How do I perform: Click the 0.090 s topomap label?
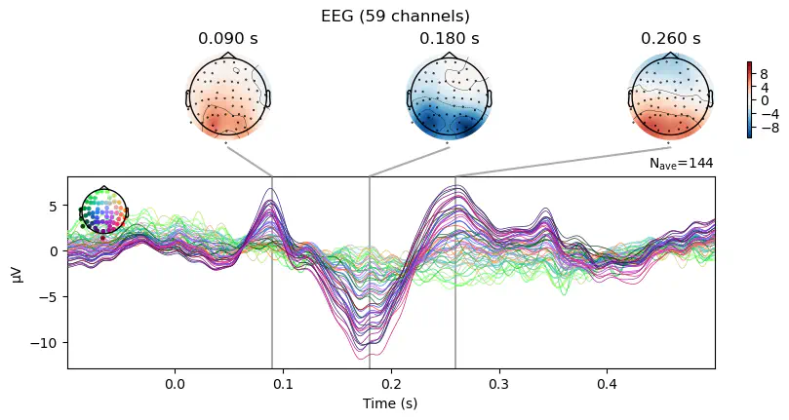tap(227, 39)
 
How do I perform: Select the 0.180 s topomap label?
tap(449, 39)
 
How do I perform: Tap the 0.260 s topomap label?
tap(670, 39)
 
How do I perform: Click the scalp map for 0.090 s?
tap(228, 97)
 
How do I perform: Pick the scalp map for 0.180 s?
tap(449, 97)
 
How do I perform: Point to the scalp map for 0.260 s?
tap(670, 97)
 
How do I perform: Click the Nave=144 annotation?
tap(681, 164)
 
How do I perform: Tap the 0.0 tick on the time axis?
tap(176, 384)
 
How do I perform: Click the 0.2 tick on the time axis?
tap(391, 384)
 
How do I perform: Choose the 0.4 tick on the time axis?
tap(607, 384)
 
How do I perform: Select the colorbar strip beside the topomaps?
tap(749, 99)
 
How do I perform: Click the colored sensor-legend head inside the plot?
tap(103, 213)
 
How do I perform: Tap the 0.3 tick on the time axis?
tap(499, 384)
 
